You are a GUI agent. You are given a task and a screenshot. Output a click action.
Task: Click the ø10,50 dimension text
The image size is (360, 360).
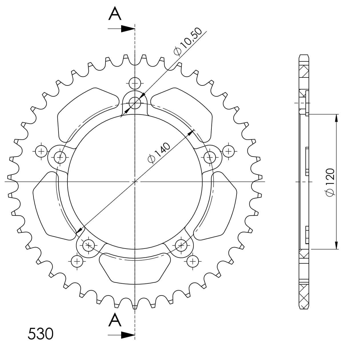(188, 41)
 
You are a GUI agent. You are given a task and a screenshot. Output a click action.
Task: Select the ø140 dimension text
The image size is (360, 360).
(159, 153)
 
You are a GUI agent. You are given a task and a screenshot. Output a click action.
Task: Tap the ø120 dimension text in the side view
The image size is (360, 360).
(330, 182)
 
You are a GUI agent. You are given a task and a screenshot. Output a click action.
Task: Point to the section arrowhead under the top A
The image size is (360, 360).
(128, 29)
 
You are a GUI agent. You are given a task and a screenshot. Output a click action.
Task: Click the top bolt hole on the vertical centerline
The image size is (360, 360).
(135, 103)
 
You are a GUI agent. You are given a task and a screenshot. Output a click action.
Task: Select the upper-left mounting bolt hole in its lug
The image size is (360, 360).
(60, 157)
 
